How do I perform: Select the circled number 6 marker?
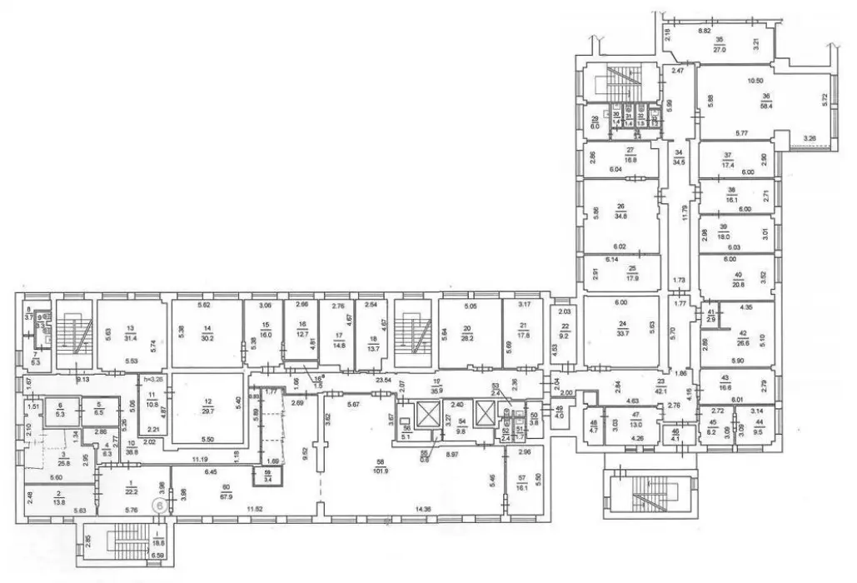pyautogui.click(x=156, y=504)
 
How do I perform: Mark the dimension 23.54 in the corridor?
pyautogui.click(x=384, y=380)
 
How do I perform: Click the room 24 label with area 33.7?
pyautogui.click(x=621, y=331)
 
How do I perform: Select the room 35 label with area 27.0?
pyautogui.click(x=720, y=44)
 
